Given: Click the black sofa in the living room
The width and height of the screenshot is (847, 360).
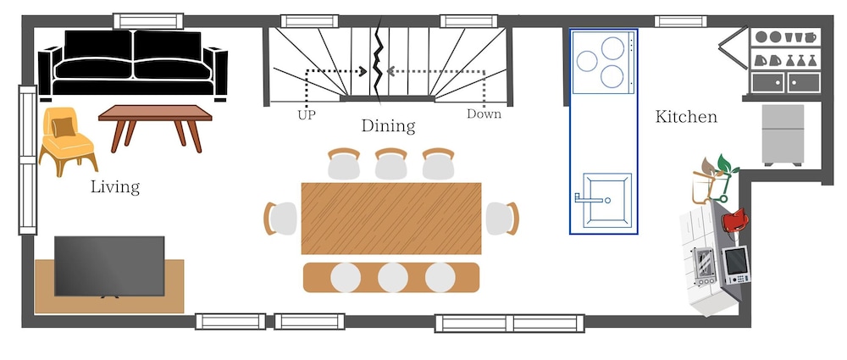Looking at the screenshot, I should (x=133, y=63).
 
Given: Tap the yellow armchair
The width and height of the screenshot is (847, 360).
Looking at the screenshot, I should (x=67, y=139).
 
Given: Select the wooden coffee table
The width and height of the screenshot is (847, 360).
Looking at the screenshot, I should (x=154, y=124).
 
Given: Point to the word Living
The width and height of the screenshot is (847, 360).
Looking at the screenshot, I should (x=115, y=186).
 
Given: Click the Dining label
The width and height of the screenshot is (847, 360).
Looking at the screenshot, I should (x=388, y=126).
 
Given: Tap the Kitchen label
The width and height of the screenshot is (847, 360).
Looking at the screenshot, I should (x=686, y=117).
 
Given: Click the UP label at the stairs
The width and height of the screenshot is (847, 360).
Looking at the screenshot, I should (x=307, y=114).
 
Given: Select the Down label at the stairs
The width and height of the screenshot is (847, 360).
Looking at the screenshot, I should (x=484, y=114).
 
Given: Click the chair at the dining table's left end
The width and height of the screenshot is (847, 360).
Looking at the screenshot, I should (x=279, y=219).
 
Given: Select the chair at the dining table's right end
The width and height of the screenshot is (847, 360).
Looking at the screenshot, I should (x=502, y=219).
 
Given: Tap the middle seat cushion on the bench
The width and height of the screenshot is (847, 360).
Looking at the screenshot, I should (x=392, y=277).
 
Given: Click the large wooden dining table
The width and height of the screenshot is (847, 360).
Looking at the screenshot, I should (x=391, y=218).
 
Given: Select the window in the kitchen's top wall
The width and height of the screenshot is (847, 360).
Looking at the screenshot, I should (x=682, y=21).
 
